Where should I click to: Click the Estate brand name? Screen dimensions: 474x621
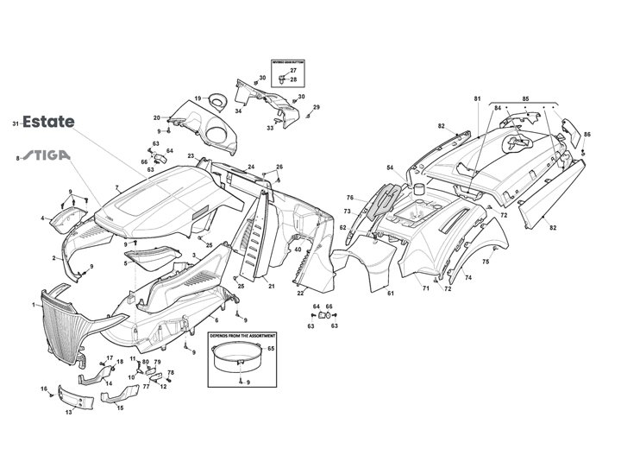coord(48,123)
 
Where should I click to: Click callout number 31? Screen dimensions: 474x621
coord(16,123)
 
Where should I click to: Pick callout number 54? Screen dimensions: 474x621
coord(389,167)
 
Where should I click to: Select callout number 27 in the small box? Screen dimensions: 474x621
coord(292,71)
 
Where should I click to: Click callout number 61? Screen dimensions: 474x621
coord(391,294)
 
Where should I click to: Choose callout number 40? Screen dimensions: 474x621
coord(297,250)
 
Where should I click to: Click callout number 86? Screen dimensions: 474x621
coord(587,135)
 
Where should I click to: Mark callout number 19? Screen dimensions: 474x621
coord(198,98)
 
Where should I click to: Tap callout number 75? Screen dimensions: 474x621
coord(485,261)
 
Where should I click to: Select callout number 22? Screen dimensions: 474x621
coord(300,294)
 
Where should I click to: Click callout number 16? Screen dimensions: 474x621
coord(44,389)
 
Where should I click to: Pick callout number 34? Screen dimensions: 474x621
coord(238,111)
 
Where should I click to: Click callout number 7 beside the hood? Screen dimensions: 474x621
coord(116,186)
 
